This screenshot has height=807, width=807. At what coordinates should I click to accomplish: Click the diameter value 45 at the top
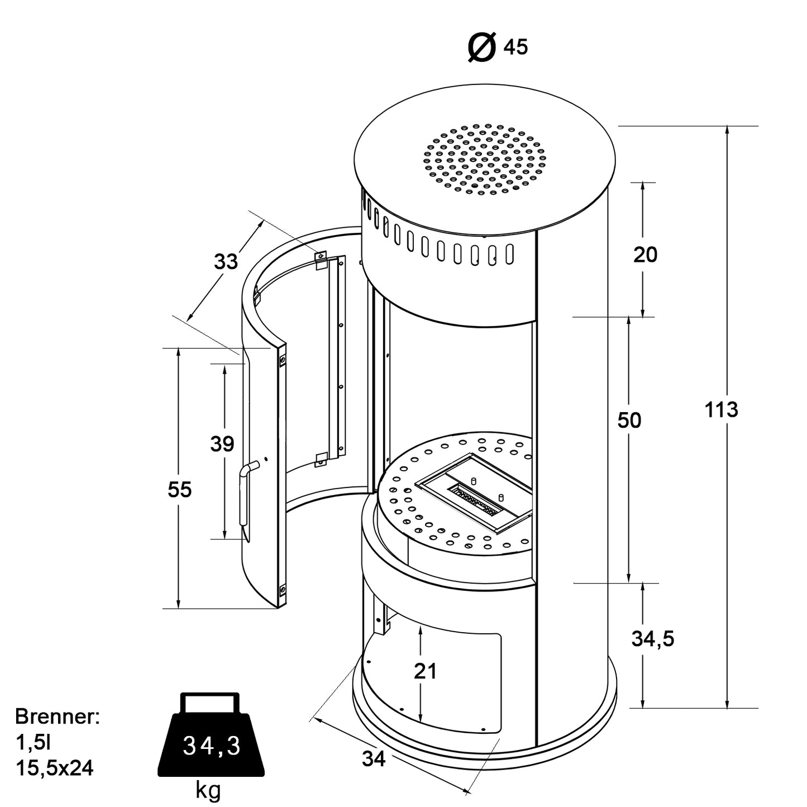click(x=515, y=48)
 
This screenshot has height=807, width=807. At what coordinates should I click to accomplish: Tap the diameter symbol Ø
click(x=481, y=47)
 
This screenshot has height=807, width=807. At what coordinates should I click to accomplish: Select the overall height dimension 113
click(x=721, y=410)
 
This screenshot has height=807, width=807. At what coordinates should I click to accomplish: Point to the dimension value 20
click(x=645, y=255)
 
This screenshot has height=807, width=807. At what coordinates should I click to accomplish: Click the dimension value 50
click(x=629, y=420)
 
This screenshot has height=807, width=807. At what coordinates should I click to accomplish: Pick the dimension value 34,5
click(x=652, y=638)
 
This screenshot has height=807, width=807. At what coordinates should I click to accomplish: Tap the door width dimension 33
click(x=226, y=261)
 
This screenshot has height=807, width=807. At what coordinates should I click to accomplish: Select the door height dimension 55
click(x=180, y=489)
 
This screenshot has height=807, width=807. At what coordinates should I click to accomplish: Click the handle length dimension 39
click(x=222, y=445)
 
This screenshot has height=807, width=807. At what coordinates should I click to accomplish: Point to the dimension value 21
click(x=425, y=671)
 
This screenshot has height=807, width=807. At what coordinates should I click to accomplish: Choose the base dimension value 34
click(x=374, y=758)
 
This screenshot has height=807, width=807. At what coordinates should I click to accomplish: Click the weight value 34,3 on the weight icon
click(x=212, y=746)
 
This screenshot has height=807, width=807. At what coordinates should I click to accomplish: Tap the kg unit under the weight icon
click(x=208, y=790)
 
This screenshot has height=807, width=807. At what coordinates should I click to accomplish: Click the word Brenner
click(x=57, y=717)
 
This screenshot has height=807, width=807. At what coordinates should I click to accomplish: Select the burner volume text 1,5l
click(x=33, y=742)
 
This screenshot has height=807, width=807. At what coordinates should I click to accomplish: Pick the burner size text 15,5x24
click(x=54, y=768)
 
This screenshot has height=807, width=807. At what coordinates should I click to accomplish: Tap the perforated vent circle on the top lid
click(x=484, y=159)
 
